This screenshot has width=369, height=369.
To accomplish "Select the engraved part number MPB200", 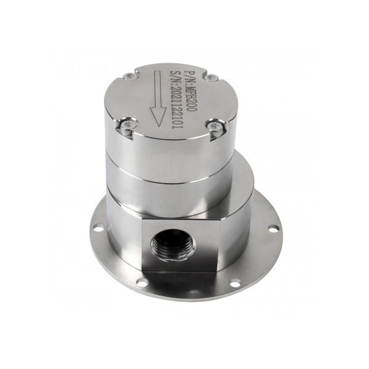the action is click(192, 93).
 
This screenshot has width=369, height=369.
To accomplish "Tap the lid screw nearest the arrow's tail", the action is click(129, 76).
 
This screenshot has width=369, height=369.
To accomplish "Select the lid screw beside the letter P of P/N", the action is click(211, 77).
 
